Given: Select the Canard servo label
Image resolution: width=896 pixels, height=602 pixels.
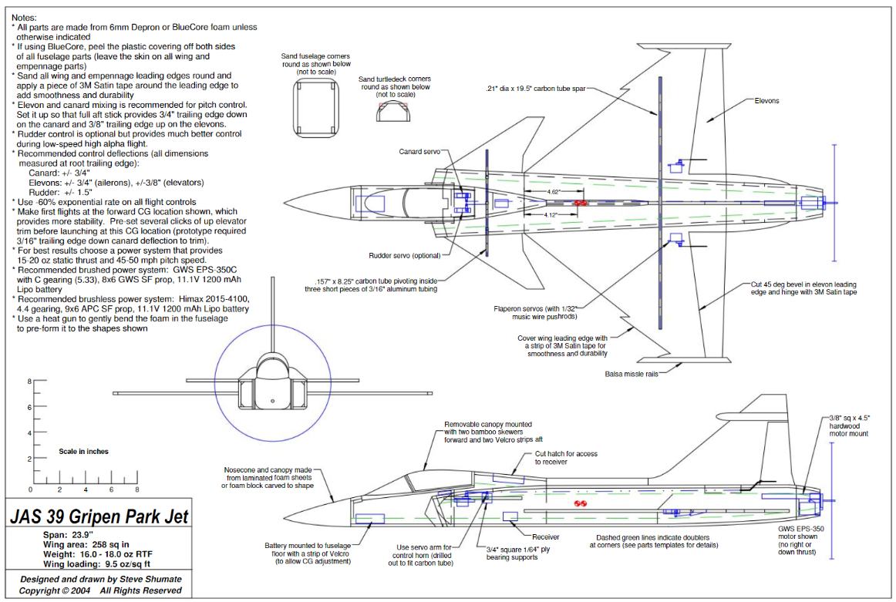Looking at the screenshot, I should pyautogui.click(x=419, y=152).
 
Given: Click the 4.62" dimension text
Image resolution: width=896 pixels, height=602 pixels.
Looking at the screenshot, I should pyautogui.click(x=552, y=190).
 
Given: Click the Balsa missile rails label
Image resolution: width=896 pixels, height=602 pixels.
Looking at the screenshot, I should pyautogui.click(x=634, y=375).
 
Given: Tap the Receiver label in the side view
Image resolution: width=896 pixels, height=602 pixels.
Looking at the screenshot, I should pyautogui.click(x=545, y=536).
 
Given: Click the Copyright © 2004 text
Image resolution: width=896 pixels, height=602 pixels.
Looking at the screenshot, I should pyautogui.click(x=54, y=590).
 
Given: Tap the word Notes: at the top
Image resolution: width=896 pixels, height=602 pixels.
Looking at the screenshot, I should pyautogui.click(x=29, y=17).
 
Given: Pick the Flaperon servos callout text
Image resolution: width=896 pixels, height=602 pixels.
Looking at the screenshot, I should pyautogui.click(x=535, y=312).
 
